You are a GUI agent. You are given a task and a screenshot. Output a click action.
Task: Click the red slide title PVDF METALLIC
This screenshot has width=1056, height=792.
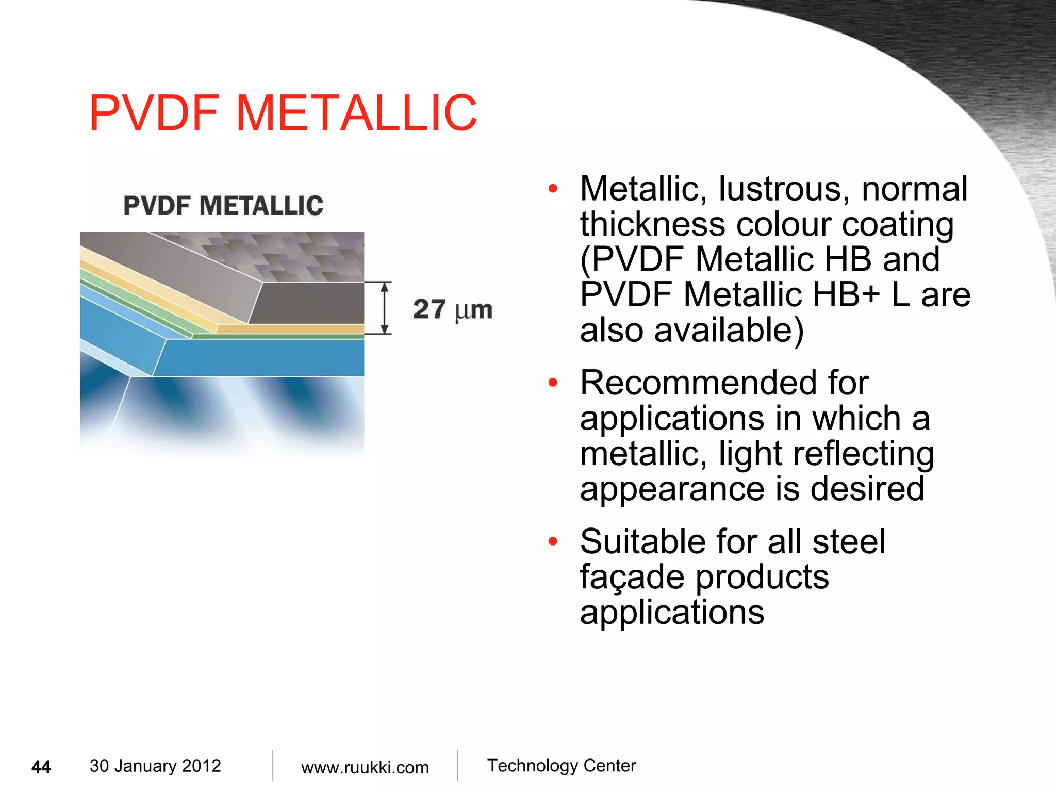[x=283, y=113]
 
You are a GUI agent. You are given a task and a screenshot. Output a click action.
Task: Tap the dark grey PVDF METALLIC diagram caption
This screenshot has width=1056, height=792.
[x=223, y=205]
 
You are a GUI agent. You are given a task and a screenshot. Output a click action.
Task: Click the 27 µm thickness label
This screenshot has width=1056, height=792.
[x=452, y=309]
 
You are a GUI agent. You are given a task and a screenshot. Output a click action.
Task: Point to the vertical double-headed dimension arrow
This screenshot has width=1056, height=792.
[x=384, y=308]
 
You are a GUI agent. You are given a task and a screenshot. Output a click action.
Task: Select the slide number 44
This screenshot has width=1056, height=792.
[x=41, y=767]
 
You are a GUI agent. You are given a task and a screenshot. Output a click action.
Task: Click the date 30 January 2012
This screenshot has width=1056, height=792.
[x=155, y=766]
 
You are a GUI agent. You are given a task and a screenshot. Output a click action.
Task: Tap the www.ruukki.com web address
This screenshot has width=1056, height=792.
[x=365, y=767]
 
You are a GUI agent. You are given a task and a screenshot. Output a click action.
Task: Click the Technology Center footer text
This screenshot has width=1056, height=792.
[x=561, y=766]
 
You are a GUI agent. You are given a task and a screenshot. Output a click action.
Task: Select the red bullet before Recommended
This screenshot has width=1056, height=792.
[x=553, y=383]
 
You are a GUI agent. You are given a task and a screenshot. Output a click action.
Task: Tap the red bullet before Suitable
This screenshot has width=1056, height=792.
[x=553, y=541]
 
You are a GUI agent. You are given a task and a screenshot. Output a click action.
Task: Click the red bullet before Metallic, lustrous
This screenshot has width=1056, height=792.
[x=553, y=189]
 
